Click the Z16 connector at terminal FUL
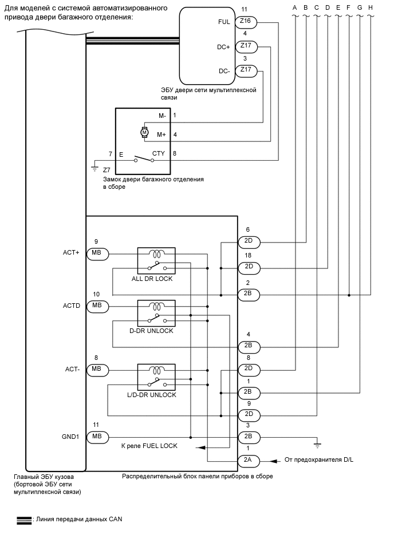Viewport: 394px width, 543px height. tap(246, 22)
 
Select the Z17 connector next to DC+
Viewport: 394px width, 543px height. tap(246, 46)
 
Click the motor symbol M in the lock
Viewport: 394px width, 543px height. tap(144, 133)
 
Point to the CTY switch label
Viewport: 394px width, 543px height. tap(159, 153)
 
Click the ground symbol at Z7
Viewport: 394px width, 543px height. tap(94, 168)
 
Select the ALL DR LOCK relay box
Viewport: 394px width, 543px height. tap(156, 260)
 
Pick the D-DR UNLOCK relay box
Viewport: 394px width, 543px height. tap(156, 313)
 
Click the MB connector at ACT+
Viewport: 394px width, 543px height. tap(96, 253)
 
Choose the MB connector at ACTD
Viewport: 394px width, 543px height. tap(96, 306)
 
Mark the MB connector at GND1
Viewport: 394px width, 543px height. tap(96, 437)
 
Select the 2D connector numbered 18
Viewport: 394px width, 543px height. tap(249, 267)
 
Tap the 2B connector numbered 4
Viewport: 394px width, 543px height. tap(249, 346)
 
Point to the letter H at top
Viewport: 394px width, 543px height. tap(371, 7)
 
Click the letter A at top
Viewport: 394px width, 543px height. tap(294, 7)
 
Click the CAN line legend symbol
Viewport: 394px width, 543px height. tap(24, 520)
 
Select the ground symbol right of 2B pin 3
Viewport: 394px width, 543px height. tap(316, 443)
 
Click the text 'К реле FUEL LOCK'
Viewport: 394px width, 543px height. tap(149, 446)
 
